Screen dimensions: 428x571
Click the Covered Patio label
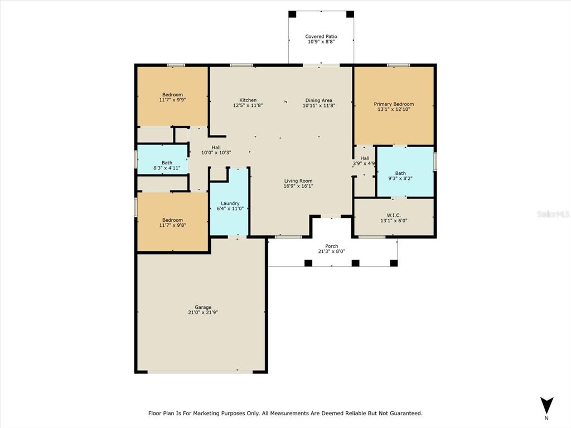coord(321,37)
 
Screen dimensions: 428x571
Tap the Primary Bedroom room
coord(394,106)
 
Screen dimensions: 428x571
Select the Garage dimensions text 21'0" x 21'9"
coord(203,313)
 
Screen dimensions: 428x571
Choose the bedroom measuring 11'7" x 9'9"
coord(172,97)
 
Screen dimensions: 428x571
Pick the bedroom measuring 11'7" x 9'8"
coord(172,223)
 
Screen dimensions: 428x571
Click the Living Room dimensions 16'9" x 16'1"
coord(298,186)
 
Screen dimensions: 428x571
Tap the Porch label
coord(332,246)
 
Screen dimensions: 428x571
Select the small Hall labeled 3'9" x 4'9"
coord(365,161)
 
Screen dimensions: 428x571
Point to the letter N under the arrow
coord(546,418)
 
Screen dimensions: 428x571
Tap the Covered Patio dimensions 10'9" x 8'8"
coord(321,42)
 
